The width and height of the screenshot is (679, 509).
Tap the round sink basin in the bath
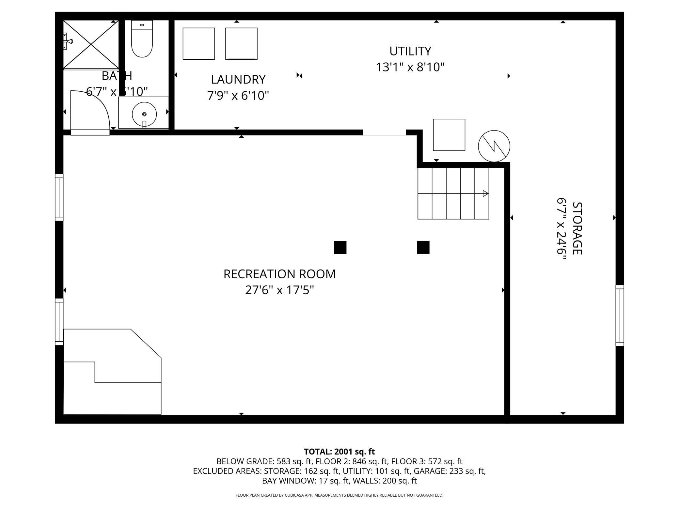pyautogui.click(x=144, y=114)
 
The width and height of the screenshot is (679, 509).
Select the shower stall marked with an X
pyautogui.click(x=91, y=45)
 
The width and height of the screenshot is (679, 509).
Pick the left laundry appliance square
pyautogui.click(x=198, y=44)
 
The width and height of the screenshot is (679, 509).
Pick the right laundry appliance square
pyautogui.click(x=241, y=44)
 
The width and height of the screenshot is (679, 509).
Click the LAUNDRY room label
pyautogui.click(x=238, y=79)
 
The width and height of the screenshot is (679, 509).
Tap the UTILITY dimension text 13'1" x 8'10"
pyautogui.click(x=410, y=67)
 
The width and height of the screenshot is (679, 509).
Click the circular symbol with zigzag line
pyautogui.click(x=494, y=146)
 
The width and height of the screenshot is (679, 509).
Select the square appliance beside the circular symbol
pyautogui.click(x=449, y=135)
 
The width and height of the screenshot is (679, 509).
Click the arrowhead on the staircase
pyautogui.click(x=485, y=193)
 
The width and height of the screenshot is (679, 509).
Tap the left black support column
pyautogui.click(x=340, y=247)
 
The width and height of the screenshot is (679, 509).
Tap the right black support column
pyautogui.click(x=423, y=247)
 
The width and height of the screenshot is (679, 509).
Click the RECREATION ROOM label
pyautogui.click(x=279, y=274)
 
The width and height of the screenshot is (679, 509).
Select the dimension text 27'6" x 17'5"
pyautogui.click(x=279, y=290)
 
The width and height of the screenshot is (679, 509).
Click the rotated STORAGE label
pyautogui.click(x=577, y=228)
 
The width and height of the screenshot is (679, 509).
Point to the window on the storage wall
pyautogui.click(x=620, y=316)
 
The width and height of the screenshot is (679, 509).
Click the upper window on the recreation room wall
pyautogui.click(x=59, y=197)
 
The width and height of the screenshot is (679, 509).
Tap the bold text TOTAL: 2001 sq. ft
pyautogui.click(x=339, y=452)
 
